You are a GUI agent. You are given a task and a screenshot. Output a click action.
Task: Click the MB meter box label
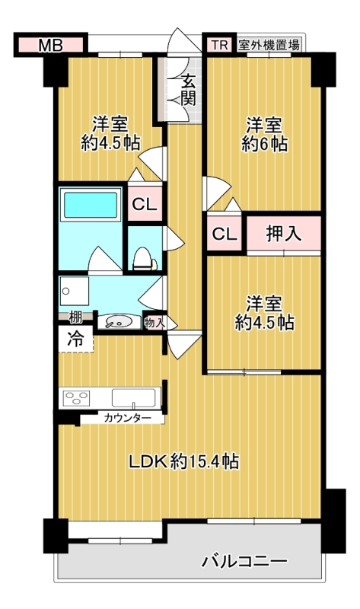coord(51,46)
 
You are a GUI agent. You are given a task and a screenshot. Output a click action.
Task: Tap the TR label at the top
coord(219,45)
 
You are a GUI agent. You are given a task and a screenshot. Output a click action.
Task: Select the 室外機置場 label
coord(269,45)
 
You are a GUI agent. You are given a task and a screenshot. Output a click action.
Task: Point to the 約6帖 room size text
coord(264,144)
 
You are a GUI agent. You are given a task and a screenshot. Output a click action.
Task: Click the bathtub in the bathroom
coord(91,205)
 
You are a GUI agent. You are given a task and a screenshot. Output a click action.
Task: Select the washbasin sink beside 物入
coord(118,322)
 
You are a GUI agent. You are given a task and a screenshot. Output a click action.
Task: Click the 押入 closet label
coord(283,234)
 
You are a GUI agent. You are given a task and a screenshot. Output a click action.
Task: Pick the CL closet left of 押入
coord(224,234)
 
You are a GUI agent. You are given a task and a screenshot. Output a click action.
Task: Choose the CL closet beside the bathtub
coord(145,204)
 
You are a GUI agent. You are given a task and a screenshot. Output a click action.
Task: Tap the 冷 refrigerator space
coord(75,339)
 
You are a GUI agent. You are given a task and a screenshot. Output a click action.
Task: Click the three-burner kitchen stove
coord(77,398)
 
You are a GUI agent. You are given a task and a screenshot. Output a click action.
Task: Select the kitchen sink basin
coord(135,397)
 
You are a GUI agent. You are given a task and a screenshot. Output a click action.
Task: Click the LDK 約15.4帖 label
coord(183,461)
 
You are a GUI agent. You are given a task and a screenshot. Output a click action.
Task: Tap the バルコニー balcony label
coord(244,561)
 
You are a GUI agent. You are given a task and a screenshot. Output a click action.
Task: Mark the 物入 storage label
coord(155,322)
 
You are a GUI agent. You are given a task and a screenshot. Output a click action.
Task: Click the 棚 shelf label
coord(75,317)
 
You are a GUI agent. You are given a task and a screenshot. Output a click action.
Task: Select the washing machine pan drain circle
coord(66,291)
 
